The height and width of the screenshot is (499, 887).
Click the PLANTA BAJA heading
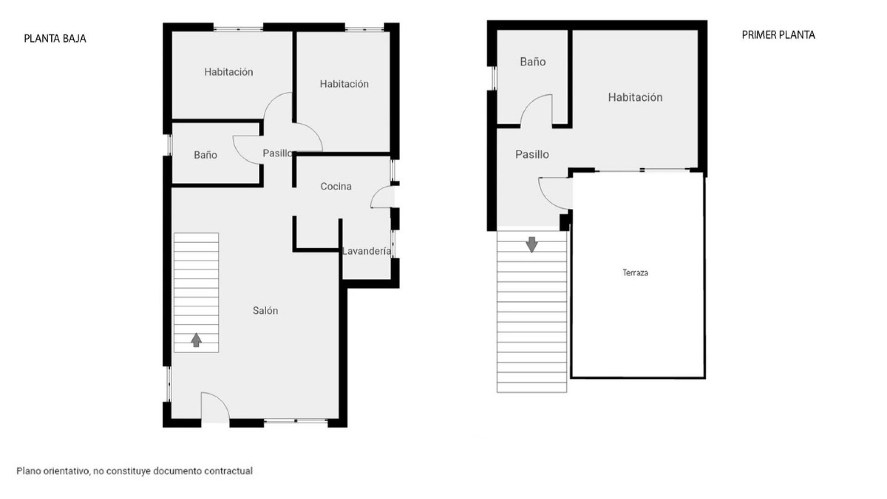click(x=55, y=38)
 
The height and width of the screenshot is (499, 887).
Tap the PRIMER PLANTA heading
click(x=778, y=35)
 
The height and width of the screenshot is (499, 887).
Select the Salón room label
click(x=265, y=310)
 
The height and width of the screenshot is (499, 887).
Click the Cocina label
click(x=336, y=186)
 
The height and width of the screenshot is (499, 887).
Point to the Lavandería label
click(x=366, y=251)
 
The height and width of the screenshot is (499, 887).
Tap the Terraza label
click(x=635, y=273)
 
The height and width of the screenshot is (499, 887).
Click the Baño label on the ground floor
click(x=205, y=155)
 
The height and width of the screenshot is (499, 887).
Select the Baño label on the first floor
click(x=533, y=61)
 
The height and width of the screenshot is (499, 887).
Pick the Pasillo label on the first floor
click(x=532, y=154)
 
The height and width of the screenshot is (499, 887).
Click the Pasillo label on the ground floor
click(x=277, y=153)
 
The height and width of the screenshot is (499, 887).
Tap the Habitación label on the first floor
click(x=635, y=97)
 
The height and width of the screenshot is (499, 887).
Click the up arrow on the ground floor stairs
click(x=196, y=340)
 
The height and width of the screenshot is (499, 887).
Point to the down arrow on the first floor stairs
click(x=532, y=245)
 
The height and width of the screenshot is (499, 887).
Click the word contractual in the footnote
click(x=229, y=471)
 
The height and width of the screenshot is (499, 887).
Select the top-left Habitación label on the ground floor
click(x=229, y=72)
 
